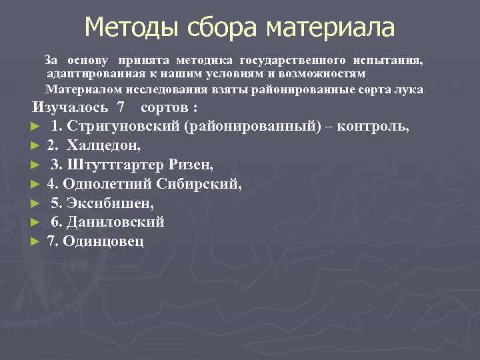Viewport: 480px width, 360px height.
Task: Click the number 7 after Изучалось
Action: point(121,108)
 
